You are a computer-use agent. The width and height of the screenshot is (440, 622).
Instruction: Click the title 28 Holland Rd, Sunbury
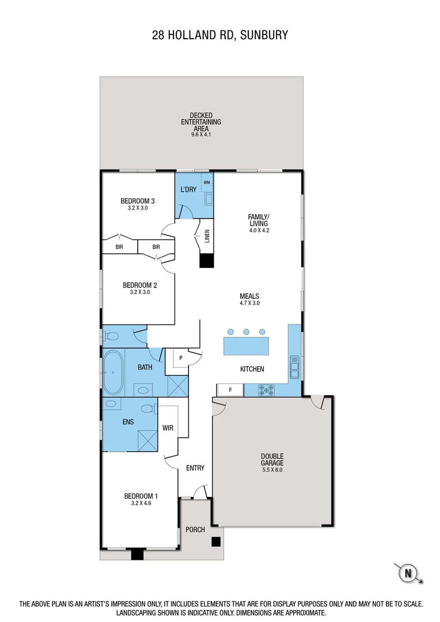[220, 36]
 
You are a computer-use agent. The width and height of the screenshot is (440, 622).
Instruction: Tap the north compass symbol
[408, 573]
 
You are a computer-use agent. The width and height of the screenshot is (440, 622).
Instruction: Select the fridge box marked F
[230, 390]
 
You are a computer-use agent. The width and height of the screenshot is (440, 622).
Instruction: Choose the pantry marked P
[181, 358]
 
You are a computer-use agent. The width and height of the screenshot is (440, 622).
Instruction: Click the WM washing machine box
[206, 181]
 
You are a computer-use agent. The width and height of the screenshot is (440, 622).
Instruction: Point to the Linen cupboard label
[206, 237]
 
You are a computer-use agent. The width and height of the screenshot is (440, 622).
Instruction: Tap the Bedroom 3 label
[138, 201]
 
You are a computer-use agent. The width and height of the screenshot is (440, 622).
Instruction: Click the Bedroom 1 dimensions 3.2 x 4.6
[141, 503]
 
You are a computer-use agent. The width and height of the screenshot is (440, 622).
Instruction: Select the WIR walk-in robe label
[168, 428]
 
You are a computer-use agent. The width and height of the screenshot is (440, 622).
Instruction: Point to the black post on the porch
[215, 541]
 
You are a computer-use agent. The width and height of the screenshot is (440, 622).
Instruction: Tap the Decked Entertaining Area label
[201, 122]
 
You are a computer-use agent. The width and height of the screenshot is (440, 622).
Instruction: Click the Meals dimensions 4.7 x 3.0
[249, 303]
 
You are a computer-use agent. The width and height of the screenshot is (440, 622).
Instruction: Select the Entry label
[195, 468]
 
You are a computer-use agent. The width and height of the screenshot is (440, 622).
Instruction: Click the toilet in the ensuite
[149, 408]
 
